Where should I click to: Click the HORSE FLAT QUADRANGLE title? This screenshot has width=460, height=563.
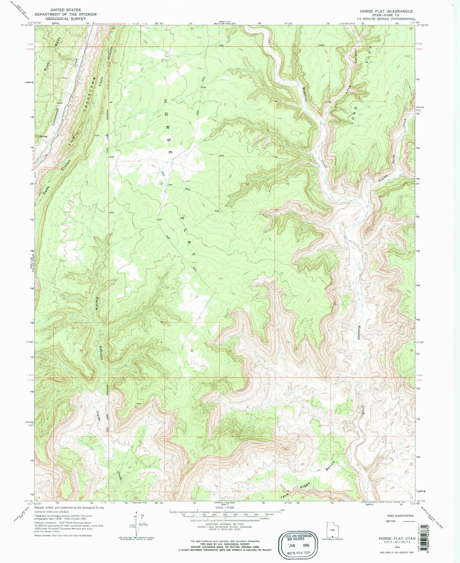[386, 11]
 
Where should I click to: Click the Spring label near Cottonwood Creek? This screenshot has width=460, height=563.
[43, 136]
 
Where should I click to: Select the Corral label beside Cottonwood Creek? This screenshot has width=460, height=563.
[59, 103]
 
